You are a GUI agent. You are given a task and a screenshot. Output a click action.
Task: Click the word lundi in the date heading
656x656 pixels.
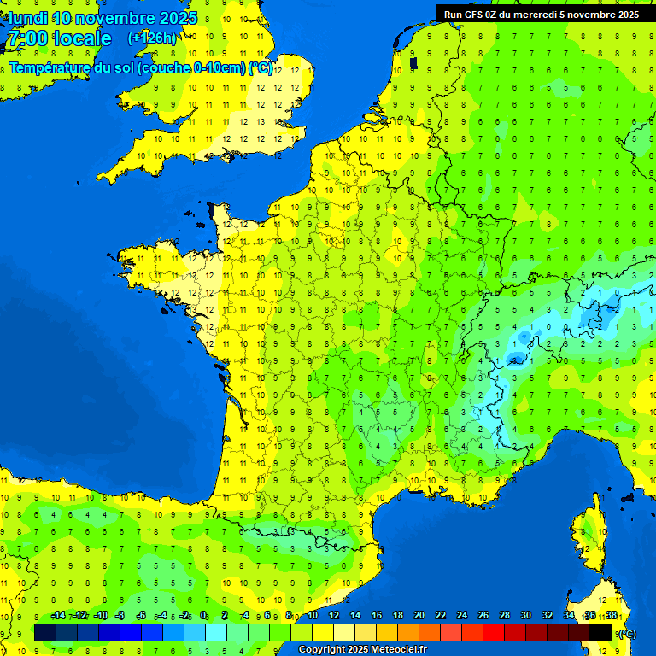click(28, 18)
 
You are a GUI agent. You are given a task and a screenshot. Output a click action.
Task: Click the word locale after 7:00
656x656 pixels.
click(82, 38)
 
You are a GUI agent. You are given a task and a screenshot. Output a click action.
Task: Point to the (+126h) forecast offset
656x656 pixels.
click(152, 38)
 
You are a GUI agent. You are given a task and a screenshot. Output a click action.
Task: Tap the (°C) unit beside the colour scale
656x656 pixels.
click(626, 633)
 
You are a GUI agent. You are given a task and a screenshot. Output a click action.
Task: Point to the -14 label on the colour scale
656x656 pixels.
click(58, 615)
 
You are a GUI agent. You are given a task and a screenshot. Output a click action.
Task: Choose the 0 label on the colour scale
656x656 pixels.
click(203, 615)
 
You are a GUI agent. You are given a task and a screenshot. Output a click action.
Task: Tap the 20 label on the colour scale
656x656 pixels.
click(419, 615)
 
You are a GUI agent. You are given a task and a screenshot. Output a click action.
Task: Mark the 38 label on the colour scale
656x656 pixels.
click(612, 615)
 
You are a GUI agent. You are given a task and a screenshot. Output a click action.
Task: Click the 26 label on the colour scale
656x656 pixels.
click(483, 615)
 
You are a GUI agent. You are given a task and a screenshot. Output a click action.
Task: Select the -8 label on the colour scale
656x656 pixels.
click(120, 615)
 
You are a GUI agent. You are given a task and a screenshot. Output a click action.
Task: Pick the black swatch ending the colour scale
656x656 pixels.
click(600, 632)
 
